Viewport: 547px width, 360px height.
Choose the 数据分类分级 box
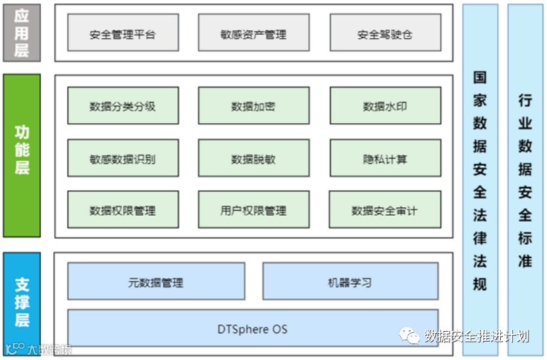click(x=122, y=105)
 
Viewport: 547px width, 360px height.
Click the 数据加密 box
click(x=253, y=105)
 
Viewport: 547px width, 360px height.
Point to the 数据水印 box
click(x=384, y=105)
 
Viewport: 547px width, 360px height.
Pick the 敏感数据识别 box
click(x=122, y=158)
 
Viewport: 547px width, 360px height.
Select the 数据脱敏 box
click(x=253, y=158)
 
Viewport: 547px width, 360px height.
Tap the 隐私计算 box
click(x=384, y=158)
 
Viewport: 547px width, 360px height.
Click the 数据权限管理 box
click(x=122, y=210)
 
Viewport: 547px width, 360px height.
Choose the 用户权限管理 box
click(x=253, y=210)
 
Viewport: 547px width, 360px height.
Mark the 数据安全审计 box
click(x=384, y=210)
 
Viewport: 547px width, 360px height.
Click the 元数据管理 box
click(x=156, y=282)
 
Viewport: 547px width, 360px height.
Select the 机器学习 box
click(x=350, y=282)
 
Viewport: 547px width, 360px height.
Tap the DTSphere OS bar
click(x=253, y=328)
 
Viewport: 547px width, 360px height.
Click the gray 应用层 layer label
click(x=22, y=32)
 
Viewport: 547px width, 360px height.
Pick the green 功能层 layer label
click(x=22, y=155)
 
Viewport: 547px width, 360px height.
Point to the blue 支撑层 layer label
click(x=22, y=303)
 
